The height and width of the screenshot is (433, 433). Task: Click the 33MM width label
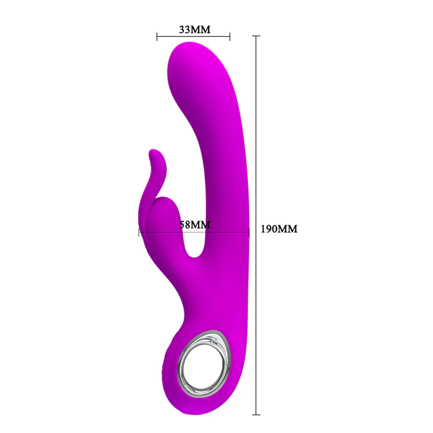click(x=194, y=30)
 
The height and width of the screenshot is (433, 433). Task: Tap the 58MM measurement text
click(x=194, y=225)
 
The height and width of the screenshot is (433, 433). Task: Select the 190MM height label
click(x=279, y=229)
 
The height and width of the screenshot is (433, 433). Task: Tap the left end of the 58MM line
click(x=139, y=233)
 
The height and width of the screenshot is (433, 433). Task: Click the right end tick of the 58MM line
click(x=249, y=233)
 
